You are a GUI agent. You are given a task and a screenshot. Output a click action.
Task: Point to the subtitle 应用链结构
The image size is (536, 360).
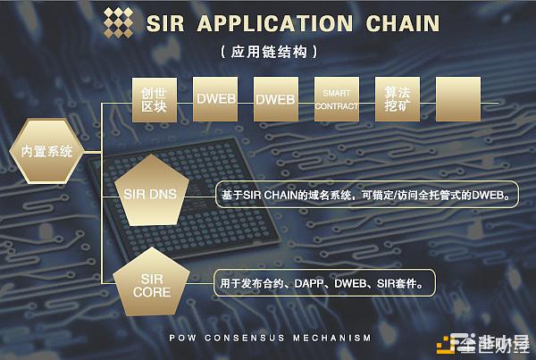(x=269, y=53)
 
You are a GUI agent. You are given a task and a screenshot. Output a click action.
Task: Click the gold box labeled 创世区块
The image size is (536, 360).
(x=155, y=99)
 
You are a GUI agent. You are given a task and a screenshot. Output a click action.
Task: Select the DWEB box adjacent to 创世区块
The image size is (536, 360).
(x=215, y=99)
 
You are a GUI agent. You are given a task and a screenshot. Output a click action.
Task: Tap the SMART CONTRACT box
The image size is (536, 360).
(x=336, y=99)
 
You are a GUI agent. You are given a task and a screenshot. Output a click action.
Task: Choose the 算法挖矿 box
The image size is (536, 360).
(x=397, y=99)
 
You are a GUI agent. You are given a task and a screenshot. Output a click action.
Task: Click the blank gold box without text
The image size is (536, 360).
(x=457, y=99)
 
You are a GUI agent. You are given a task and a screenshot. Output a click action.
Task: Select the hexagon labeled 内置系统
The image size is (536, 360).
(x=46, y=151)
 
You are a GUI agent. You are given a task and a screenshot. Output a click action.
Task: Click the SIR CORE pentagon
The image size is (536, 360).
(x=151, y=285)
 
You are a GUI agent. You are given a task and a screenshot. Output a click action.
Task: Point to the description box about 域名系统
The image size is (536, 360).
(x=366, y=193)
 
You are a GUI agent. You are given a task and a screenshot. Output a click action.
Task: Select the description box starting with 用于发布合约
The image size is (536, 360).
(x=325, y=284)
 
